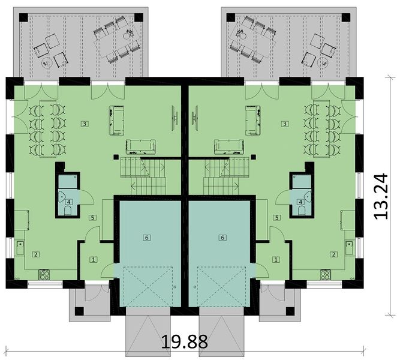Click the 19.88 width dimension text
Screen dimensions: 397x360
[184, 341]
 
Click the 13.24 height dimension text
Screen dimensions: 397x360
[380, 196]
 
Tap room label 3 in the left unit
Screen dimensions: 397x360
[85, 124]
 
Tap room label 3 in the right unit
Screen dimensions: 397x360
[285, 124]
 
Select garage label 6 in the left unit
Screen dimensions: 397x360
[147, 238]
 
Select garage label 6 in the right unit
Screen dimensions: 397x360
[222, 238]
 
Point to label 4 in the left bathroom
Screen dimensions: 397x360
[68, 202]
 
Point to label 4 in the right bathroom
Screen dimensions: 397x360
[301, 202]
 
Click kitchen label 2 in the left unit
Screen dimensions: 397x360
[36, 254]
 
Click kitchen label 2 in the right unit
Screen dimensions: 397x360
[333, 254]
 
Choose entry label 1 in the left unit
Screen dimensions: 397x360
[94, 259]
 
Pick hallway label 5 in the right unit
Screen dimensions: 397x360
[276, 218]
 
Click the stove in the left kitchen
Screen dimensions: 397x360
[44, 275]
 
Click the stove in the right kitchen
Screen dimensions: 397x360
[326, 275]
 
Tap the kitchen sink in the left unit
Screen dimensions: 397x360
[20, 248]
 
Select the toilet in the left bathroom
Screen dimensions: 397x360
[68, 211]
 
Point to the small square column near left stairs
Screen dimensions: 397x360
[116, 157]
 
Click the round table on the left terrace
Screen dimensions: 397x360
[46, 61]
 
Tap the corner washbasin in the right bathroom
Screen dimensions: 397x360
[307, 196]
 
